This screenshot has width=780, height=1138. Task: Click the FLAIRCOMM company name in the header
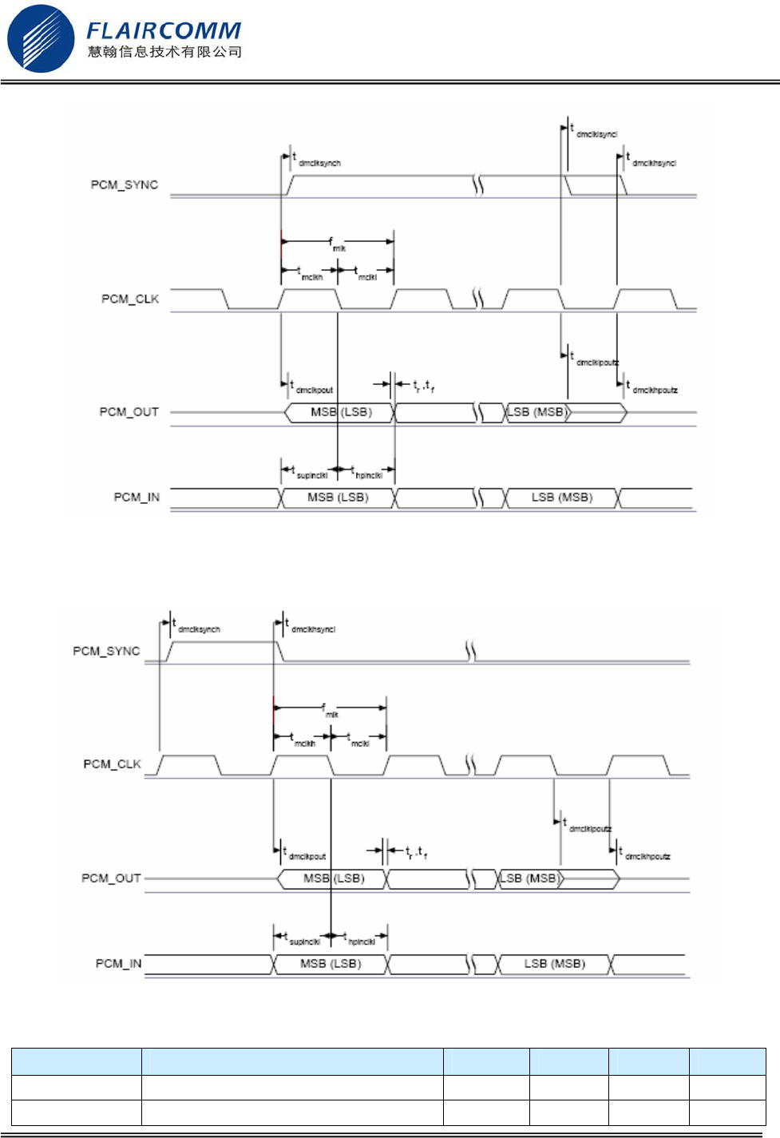(x=164, y=30)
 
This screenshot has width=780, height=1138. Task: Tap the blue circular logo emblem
(x=41, y=38)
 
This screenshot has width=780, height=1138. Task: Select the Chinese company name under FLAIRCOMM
(x=164, y=53)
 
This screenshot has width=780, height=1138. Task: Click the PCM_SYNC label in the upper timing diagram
(x=125, y=184)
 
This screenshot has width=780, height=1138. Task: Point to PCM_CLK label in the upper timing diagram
(x=130, y=299)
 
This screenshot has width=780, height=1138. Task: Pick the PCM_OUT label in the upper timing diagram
(x=129, y=412)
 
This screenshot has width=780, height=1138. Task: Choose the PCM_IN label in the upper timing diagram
(x=137, y=497)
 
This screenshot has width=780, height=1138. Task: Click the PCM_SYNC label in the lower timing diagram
(x=106, y=651)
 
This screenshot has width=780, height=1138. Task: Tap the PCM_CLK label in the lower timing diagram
(x=112, y=764)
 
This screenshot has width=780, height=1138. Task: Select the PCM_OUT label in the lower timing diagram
(x=111, y=878)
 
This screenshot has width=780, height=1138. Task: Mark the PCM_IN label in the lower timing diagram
(x=118, y=963)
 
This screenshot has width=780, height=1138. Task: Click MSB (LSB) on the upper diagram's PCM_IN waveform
(x=338, y=498)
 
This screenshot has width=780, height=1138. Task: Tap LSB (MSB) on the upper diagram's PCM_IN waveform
(x=562, y=498)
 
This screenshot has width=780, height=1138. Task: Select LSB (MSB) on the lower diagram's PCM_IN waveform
(x=554, y=964)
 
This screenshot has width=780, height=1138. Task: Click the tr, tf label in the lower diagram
(x=416, y=854)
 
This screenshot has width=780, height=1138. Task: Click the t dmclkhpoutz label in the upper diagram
(x=652, y=388)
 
